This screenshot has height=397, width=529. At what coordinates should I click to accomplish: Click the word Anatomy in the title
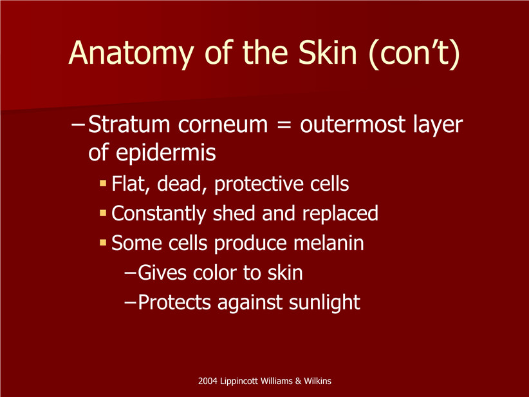131,53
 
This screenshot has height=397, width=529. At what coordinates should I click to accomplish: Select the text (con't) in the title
414,54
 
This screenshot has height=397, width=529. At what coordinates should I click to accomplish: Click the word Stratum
129,124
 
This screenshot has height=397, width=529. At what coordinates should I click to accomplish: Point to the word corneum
223,125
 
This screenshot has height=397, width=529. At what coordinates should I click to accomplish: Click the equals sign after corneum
284,125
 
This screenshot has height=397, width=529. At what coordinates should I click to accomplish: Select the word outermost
353,124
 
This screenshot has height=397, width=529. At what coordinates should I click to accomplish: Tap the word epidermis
165,153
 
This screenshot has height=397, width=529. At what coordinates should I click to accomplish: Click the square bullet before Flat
103,184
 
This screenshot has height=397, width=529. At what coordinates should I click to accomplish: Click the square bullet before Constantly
103,213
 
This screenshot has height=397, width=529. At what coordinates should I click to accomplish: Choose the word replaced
340,214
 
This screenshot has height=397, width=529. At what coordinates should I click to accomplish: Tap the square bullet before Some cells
103,242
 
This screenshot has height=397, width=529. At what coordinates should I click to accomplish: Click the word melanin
329,243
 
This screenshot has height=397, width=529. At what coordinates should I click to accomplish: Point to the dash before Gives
130,273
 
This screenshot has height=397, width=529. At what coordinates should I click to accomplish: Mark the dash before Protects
130,302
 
